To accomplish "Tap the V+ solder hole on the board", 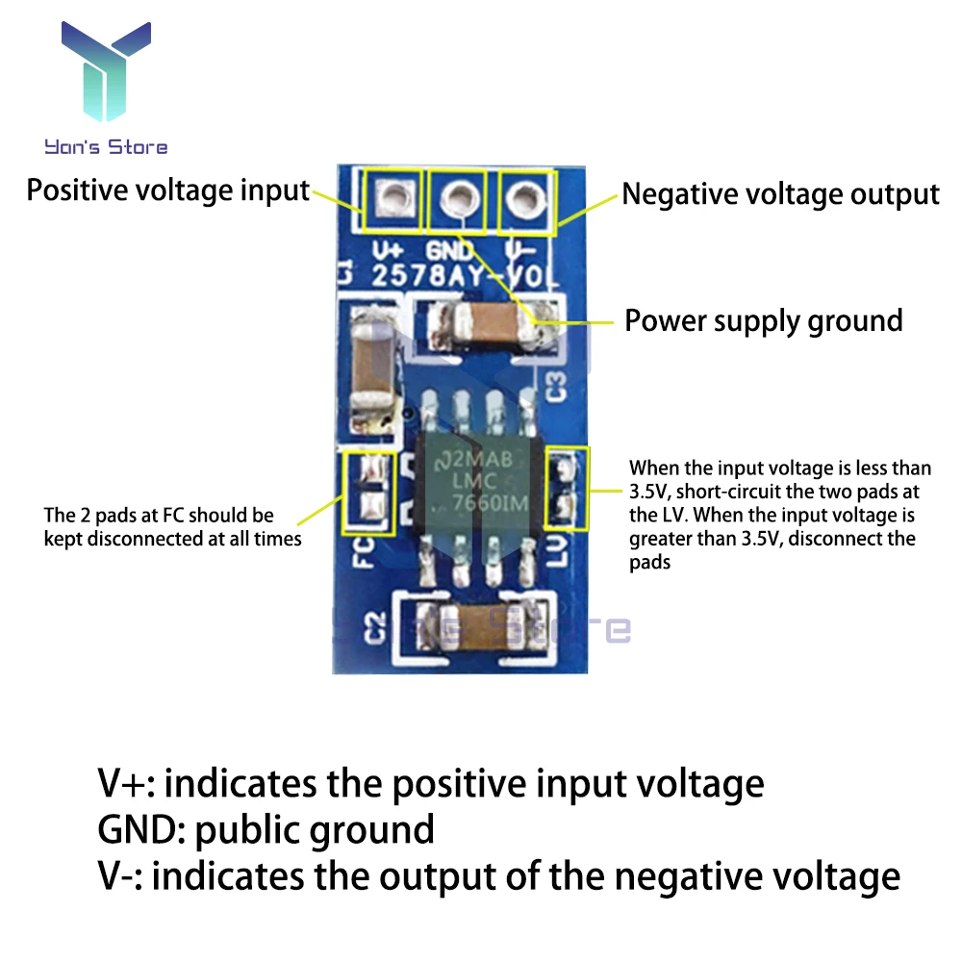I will pos(390,200).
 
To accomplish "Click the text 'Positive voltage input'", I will pos(167,190).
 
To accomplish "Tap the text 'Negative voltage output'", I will pos(779,194).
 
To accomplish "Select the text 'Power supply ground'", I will pos(764,320).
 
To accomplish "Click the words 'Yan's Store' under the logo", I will pos(106,147).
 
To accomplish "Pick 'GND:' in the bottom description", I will pos(141,829).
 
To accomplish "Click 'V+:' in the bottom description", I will pos(129,783).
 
